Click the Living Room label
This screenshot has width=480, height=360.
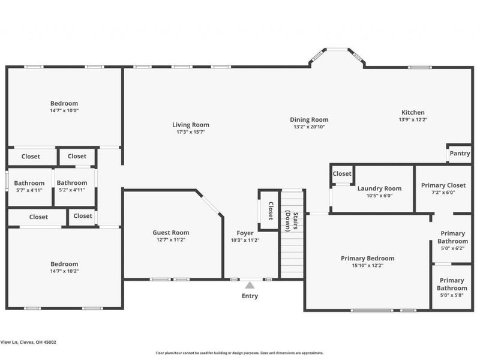(x=191, y=125)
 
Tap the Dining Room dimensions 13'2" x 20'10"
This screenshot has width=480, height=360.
(x=310, y=127)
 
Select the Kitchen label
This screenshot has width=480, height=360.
(x=413, y=112)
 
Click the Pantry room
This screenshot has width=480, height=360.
(x=460, y=154)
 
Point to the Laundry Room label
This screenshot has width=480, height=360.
(x=379, y=188)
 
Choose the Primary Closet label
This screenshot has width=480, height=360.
(x=443, y=185)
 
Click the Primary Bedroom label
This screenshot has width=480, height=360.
(x=367, y=259)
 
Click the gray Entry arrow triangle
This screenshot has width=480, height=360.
(x=250, y=285)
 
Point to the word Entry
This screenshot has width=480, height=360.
(x=250, y=296)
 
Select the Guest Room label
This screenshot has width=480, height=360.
(x=171, y=233)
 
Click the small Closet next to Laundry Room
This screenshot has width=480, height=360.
(x=342, y=174)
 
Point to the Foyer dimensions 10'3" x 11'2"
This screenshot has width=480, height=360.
(x=245, y=240)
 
